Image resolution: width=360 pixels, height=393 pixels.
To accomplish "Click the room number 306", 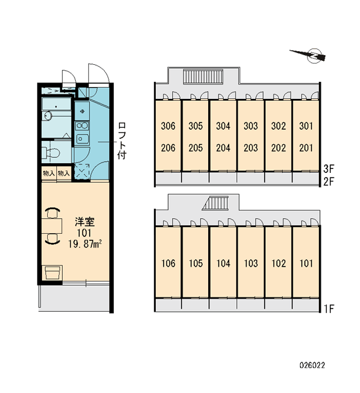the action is [168, 126].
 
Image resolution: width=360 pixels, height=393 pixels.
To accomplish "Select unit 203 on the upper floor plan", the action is [251, 148].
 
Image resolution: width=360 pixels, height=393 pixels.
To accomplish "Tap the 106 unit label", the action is [168, 263].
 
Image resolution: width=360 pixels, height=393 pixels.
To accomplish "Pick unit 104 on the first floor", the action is [223, 263].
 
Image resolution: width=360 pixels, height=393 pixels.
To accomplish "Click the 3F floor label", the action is [329, 169].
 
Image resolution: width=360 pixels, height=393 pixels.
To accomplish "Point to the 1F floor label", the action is [329, 309].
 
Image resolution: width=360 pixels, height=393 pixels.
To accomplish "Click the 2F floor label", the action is [329, 181].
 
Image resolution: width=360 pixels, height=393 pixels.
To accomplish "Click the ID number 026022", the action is [312, 365].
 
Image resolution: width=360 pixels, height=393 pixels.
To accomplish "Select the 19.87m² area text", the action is [85, 244].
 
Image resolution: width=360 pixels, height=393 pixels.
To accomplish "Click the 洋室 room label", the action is [84, 222].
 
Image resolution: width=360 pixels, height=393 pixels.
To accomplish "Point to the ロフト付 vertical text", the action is [122, 141].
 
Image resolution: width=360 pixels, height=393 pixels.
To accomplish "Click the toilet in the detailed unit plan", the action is [51, 153].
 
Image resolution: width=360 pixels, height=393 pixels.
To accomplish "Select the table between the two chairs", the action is [52, 225].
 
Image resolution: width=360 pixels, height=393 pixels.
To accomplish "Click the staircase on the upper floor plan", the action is [203, 77].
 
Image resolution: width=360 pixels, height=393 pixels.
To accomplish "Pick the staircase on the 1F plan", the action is [216, 203].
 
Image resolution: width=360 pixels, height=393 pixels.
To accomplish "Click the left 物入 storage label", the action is [49, 173].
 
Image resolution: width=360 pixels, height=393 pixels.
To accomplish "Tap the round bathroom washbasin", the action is [48, 115].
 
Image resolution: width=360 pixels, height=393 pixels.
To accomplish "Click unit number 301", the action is [306, 126].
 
